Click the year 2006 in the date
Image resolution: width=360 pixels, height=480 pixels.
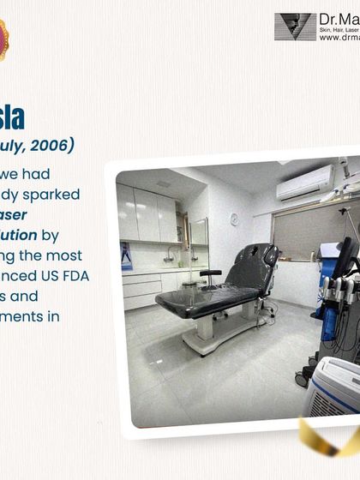click(x=58, y=144)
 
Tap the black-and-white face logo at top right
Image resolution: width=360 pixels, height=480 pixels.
click(x=295, y=27)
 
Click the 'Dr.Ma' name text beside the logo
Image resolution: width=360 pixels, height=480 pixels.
click(x=338, y=18)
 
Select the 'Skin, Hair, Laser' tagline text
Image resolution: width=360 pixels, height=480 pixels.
click(x=339, y=29)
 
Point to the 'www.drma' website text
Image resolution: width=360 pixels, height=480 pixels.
click(x=339, y=38)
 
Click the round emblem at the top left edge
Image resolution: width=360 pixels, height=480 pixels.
click(x=3, y=39)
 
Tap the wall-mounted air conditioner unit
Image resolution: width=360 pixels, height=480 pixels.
click(x=305, y=183)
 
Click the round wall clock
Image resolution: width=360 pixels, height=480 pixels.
click(x=234, y=219)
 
